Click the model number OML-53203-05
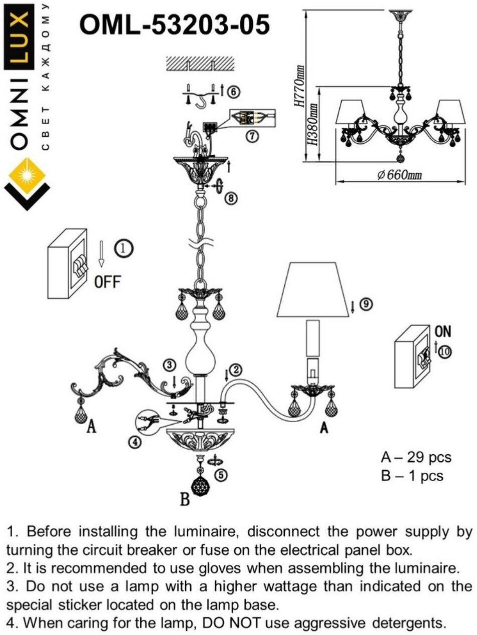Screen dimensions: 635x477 point(175,25)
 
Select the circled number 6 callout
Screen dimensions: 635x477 point(233,93)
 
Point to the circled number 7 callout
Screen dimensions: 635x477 point(253,135)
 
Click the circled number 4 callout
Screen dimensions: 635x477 point(134,442)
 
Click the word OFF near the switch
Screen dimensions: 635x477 point(108,281)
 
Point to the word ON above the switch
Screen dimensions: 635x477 point(442,331)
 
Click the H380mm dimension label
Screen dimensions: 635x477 point(312,125)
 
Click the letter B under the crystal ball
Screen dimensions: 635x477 point(185,499)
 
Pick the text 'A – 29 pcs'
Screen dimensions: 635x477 point(415,457)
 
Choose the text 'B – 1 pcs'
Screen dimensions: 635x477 point(412,475)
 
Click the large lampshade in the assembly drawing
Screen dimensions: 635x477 point(313,289)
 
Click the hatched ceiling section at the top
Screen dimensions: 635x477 point(200,64)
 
